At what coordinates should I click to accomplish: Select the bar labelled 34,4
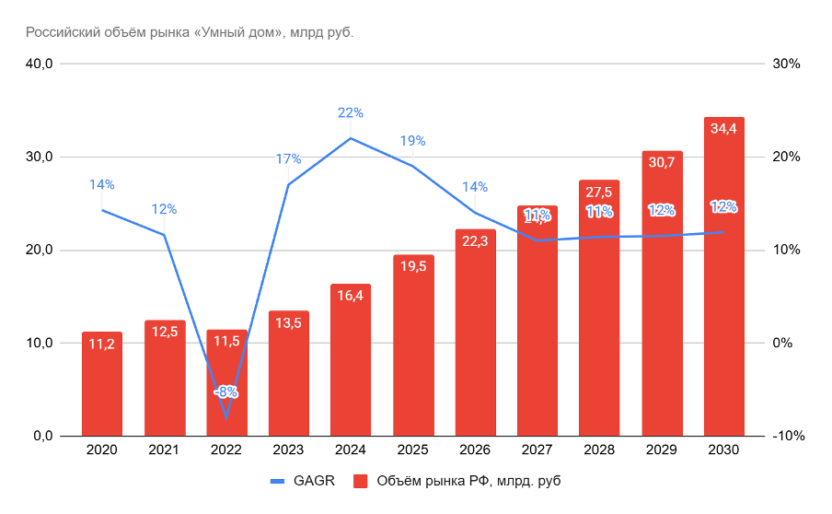723,276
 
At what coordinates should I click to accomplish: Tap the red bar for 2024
351,368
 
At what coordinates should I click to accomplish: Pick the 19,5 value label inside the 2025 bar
412,264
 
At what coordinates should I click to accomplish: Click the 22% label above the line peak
351,113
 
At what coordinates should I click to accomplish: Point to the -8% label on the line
225,391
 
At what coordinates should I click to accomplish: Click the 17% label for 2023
289,159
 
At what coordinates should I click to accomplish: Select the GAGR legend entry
305,481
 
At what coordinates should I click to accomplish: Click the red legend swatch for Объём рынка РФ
361,481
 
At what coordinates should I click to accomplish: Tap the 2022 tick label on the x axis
225,450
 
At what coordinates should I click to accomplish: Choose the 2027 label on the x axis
537,450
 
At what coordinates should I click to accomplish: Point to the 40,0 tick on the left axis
42,64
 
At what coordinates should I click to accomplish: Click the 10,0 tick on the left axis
42,343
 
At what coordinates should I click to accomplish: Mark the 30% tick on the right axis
788,64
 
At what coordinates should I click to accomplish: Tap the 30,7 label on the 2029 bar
662,162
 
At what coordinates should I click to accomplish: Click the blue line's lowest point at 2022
225,417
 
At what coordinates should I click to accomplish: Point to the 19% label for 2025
412,141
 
